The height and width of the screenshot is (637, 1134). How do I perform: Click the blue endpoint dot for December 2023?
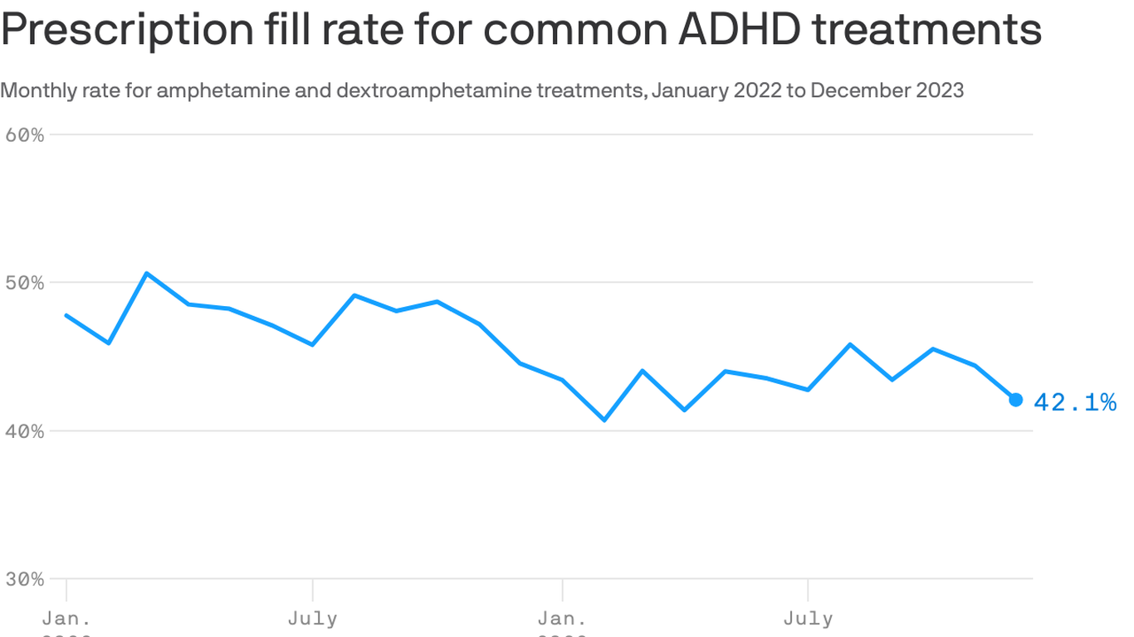[x=1015, y=400]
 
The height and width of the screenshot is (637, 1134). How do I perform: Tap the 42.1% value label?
[x=1075, y=403]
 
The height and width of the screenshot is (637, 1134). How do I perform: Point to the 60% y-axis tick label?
[x=24, y=134]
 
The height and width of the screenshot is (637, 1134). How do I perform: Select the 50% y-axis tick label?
[x=24, y=283]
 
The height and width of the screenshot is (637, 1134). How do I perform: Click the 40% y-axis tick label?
[x=24, y=431]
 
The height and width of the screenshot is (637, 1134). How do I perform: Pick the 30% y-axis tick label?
[x=24, y=579]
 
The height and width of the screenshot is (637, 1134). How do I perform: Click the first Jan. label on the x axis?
[x=66, y=619]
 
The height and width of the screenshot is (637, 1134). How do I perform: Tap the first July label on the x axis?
[x=312, y=619]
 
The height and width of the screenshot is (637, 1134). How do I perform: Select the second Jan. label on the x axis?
[x=562, y=619]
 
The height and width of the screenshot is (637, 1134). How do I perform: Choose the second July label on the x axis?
[x=808, y=619]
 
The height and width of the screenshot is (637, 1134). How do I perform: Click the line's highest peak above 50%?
[x=146, y=273]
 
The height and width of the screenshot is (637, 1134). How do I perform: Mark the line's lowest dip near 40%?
[x=604, y=420]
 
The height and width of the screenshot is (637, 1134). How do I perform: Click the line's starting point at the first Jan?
[x=66, y=315]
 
